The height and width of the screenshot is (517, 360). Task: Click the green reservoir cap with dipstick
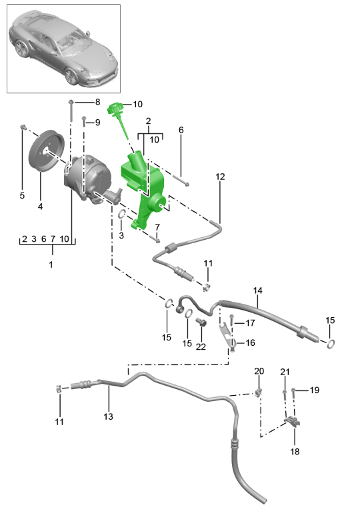(x=118, y=116)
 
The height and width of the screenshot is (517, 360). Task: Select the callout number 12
(x=220, y=177)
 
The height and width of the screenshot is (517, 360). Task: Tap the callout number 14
(x=258, y=290)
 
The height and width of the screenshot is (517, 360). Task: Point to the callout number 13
(x=108, y=416)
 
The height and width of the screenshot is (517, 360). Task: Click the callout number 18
(x=295, y=451)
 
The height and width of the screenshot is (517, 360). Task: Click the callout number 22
(x=201, y=346)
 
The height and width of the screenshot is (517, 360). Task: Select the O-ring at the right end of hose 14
(x=331, y=344)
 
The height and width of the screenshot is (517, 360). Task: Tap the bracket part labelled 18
(x=293, y=421)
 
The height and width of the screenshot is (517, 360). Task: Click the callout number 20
(x=259, y=371)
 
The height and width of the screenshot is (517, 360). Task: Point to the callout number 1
(x=51, y=264)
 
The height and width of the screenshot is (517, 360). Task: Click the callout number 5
(x=22, y=195)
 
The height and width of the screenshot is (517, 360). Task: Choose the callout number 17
(x=250, y=323)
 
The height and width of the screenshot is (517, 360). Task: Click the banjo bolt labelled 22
(x=201, y=321)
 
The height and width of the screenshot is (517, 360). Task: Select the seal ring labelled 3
(x=121, y=215)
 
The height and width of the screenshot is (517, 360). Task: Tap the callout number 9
(x=97, y=123)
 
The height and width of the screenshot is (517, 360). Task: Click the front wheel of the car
(x=71, y=76)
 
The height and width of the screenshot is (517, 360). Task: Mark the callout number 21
(x=285, y=372)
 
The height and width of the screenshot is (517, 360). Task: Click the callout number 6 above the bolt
(x=181, y=130)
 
